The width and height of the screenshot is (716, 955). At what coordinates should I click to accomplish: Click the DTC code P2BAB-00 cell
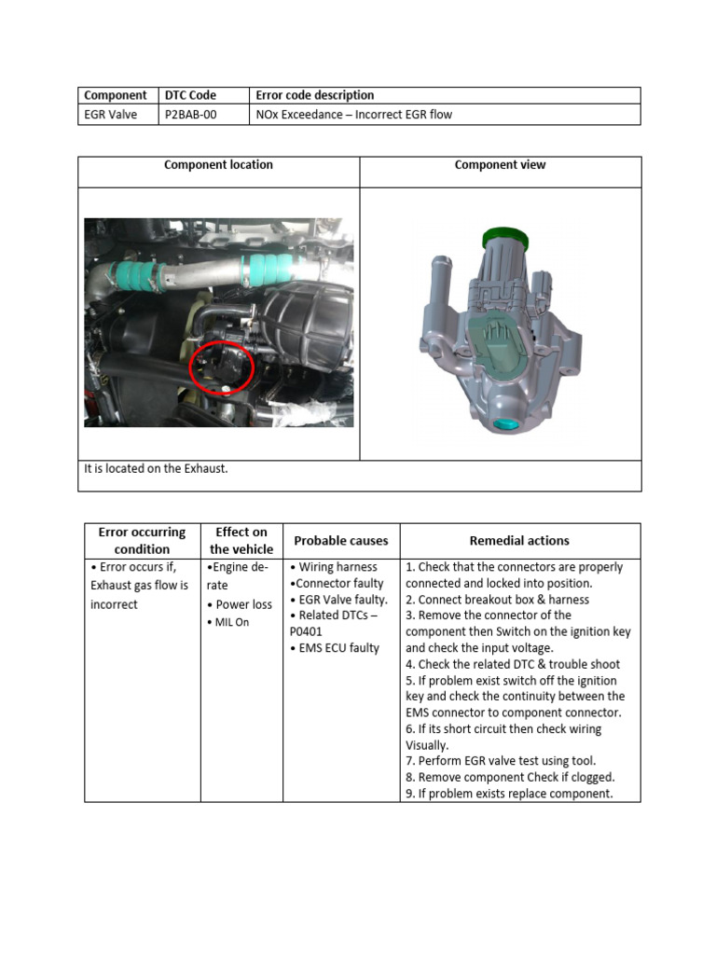coord(190,115)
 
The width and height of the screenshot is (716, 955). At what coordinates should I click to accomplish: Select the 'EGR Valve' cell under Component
coord(111,115)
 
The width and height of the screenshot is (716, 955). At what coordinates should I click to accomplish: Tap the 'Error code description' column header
coord(314,95)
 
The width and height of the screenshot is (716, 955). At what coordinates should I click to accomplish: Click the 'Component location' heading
coord(218,165)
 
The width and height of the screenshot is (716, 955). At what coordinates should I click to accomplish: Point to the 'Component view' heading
coord(500,165)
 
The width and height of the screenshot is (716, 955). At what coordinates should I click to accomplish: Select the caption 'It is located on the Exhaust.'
coord(156,468)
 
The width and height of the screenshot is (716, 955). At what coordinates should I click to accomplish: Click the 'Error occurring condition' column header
coord(142,540)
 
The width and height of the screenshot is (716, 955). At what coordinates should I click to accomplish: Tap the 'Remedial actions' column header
coord(519,541)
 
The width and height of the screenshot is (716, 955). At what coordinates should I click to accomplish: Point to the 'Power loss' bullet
coord(241,604)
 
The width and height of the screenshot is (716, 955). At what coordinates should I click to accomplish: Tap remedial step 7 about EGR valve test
coord(501,761)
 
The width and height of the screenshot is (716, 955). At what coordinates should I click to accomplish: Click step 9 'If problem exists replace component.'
coord(509,794)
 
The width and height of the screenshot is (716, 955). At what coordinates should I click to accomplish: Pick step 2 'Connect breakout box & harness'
coord(498,600)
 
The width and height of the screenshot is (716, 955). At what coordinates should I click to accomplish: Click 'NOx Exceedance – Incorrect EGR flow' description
coord(354,115)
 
